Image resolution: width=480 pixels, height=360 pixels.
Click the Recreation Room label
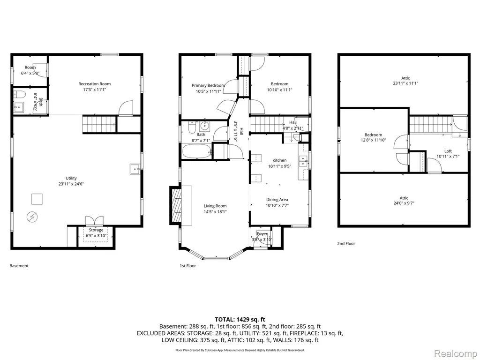[x=94, y=83]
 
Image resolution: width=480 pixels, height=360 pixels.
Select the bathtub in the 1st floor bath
[x=196, y=151]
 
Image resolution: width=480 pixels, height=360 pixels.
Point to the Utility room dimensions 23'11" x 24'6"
[x=71, y=184]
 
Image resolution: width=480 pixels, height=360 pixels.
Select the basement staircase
[x=99, y=124]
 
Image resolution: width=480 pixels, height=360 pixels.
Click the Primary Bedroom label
[x=208, y=85]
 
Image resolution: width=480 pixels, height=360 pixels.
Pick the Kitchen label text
[x=279, y=160]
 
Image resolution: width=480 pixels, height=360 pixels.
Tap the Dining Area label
[x=277, y=200]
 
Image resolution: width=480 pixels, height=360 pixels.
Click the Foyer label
[x=262, y=234]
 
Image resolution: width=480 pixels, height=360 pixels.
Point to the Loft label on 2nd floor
[x=448, y=151]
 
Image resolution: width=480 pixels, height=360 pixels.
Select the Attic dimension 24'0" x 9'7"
[x=404, y=203]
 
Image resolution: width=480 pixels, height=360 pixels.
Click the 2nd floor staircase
[x=431, y=124]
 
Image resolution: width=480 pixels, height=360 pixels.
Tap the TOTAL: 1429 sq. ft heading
[x=240, y=320]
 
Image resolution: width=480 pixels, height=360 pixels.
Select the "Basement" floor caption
[x=19, y=266]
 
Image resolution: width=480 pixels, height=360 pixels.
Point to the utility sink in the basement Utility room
[x=135, y=169]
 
